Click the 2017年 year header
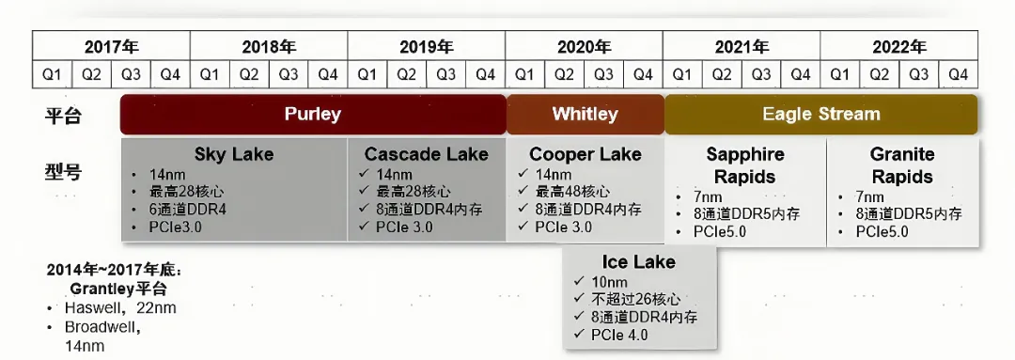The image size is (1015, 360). (x=111, y=47)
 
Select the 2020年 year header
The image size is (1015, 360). (x=584, y=47)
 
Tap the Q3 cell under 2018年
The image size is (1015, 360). (x=289, y=75)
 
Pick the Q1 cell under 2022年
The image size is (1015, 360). (x=839, y=75)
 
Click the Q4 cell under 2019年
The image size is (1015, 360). (x=486, y=75)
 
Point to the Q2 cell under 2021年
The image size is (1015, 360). (x=722, y=75)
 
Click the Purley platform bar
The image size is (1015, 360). (x=313, y=115)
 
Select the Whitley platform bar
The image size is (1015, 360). (x=586, y=115)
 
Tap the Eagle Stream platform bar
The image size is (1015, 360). (x=820, y=115)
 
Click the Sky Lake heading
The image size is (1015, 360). (x=234, y=155)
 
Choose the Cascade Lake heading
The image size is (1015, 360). (x=426, y=155)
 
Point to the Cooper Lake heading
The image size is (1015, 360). (x=586, y=155)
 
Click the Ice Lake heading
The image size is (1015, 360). (x=638, y=261)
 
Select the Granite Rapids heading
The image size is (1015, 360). (x=902, y=165)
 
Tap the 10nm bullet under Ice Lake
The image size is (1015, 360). (x=609, y=282)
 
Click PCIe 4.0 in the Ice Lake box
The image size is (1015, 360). (x=618, y=335)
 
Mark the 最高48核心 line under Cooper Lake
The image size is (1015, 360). (x=572, y=192)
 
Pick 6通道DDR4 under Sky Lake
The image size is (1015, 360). (x=188, y=210)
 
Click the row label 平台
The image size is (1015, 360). (x=63, y=117)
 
